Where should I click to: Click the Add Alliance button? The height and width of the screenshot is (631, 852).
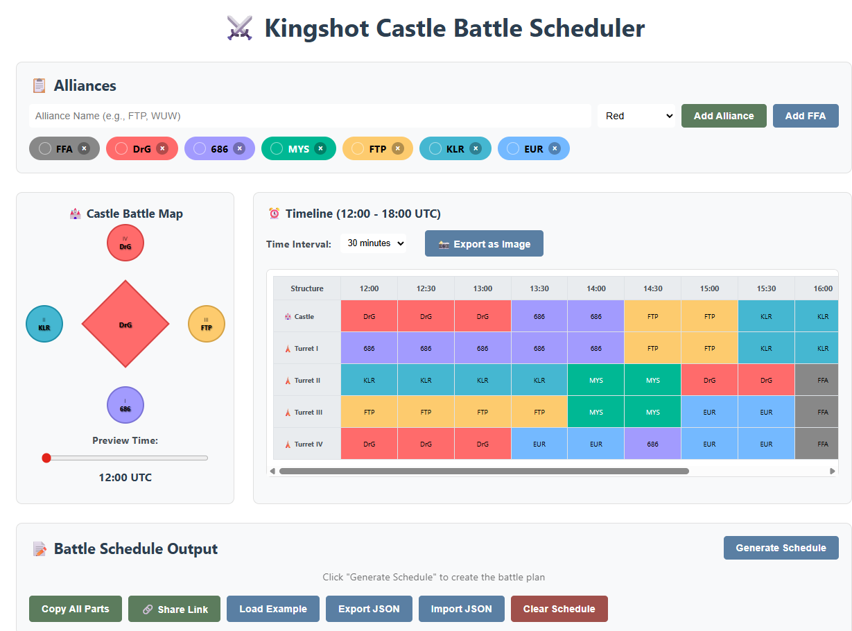click(723, 116)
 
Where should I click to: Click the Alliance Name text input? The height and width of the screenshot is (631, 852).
click(310, 116)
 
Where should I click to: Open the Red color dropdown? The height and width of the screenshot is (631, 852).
click(636, 116)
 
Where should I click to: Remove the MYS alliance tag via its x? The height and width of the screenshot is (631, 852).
click(320, 148)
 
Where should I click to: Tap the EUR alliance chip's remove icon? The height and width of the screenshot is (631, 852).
click(554, 148)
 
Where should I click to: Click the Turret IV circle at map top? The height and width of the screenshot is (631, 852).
click(125, 243)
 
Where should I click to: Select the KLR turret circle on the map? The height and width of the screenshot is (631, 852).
click(44, 324)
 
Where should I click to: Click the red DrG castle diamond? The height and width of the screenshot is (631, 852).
click(125, 324)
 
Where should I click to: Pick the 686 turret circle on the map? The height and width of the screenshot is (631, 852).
click(125, 405)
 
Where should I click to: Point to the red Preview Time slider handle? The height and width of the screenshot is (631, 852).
click(46, 458)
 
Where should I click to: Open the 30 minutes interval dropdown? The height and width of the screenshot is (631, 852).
click(375, 243)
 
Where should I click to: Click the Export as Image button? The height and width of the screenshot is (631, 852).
click(484, 244)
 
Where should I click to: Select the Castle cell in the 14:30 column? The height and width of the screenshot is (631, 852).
click(652, 316)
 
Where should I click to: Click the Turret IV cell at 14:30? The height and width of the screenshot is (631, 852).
click(652, 444)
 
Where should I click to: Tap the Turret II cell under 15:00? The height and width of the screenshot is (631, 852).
click(709, 380)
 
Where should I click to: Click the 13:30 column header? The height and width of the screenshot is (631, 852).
click(539, 288)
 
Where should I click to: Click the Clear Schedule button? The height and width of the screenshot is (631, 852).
click(559, 609)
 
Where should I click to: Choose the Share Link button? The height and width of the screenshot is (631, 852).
click(174, 609)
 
